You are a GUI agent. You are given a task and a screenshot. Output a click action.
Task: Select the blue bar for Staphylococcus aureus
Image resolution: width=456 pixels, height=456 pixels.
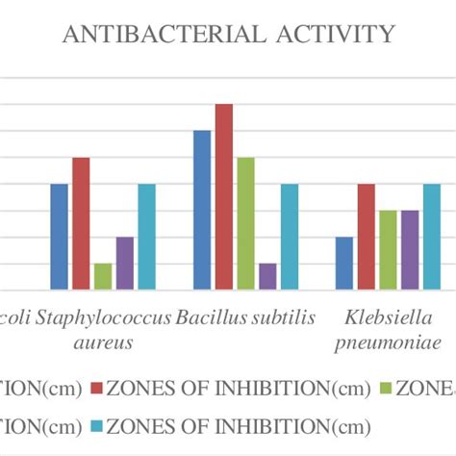(x=60, y=236)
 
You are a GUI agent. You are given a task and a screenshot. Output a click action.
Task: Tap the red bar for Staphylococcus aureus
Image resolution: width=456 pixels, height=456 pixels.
(x=81, y=222)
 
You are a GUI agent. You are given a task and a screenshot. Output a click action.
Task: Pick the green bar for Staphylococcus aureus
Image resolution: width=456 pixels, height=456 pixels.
(x=103, y=275)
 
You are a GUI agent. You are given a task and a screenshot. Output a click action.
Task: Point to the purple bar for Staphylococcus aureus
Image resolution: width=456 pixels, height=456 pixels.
(x=125, y=262)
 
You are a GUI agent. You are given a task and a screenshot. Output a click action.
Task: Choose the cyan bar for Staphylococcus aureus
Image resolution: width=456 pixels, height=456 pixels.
(x=146, y=236)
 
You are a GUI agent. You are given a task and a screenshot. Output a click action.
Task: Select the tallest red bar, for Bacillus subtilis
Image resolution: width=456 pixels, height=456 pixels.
(x=223, y=196)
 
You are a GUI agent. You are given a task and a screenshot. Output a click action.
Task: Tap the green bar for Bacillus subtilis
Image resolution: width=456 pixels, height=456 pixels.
(x=245, y=222)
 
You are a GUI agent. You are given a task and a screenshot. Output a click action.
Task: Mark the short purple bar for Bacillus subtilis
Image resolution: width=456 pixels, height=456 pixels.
(x=267, y=275)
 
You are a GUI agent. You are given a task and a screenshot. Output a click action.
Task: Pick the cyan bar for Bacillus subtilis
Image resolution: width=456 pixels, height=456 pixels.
(x=289, y=236)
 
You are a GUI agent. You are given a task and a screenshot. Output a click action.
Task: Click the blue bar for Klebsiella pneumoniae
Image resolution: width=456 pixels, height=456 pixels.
(x=344, y=262)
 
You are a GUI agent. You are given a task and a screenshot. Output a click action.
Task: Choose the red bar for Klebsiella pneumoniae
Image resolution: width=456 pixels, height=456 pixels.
(x=366, y=236)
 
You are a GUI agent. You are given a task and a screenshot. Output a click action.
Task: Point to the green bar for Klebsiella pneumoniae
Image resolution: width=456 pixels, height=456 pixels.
(x=388, y=249)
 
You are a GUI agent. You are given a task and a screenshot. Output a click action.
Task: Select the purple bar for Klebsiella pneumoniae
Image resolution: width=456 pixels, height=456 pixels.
(x=410, y=249)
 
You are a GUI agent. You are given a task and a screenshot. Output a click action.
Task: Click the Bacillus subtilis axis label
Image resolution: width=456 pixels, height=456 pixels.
(x=246, y=318)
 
